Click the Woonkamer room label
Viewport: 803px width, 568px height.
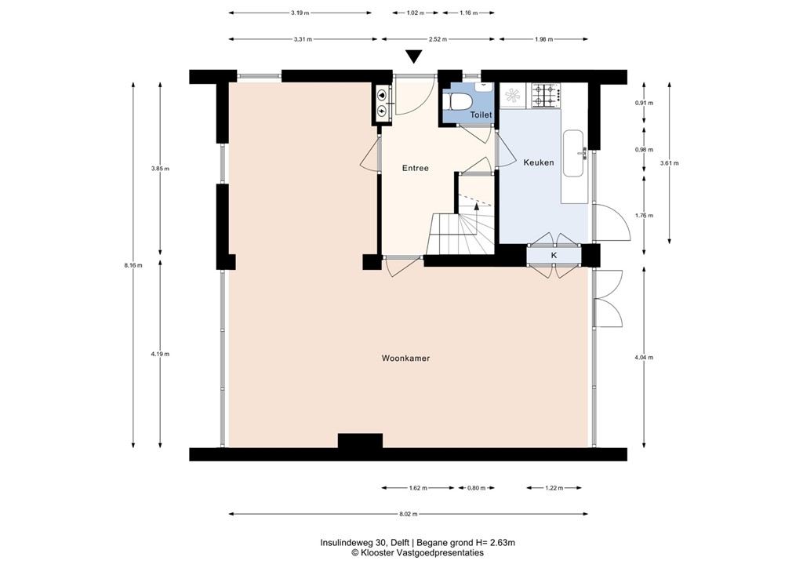(x=405, y=359)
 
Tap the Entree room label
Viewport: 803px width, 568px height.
(x=415, y=168)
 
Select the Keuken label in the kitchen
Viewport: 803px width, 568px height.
(x=538, y=163)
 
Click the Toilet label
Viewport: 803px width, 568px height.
(x=481, y=115)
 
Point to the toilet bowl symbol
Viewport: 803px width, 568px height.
(x=460, y=102)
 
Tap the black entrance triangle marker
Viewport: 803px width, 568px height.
(x=414, y=56)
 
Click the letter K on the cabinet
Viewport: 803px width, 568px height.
(x=554, y=256)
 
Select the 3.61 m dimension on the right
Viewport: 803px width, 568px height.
(x=669, y=163)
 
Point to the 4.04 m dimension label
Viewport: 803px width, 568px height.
(x=645, y=357)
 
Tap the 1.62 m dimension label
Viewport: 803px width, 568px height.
(x=418, y=488)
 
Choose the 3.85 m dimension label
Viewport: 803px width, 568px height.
(x=161, y=169)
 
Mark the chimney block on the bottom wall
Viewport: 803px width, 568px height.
(x=360, y=440)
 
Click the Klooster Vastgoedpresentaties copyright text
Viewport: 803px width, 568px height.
(x=417, y=552)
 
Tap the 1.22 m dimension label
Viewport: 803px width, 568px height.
(x=554, y=488)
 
